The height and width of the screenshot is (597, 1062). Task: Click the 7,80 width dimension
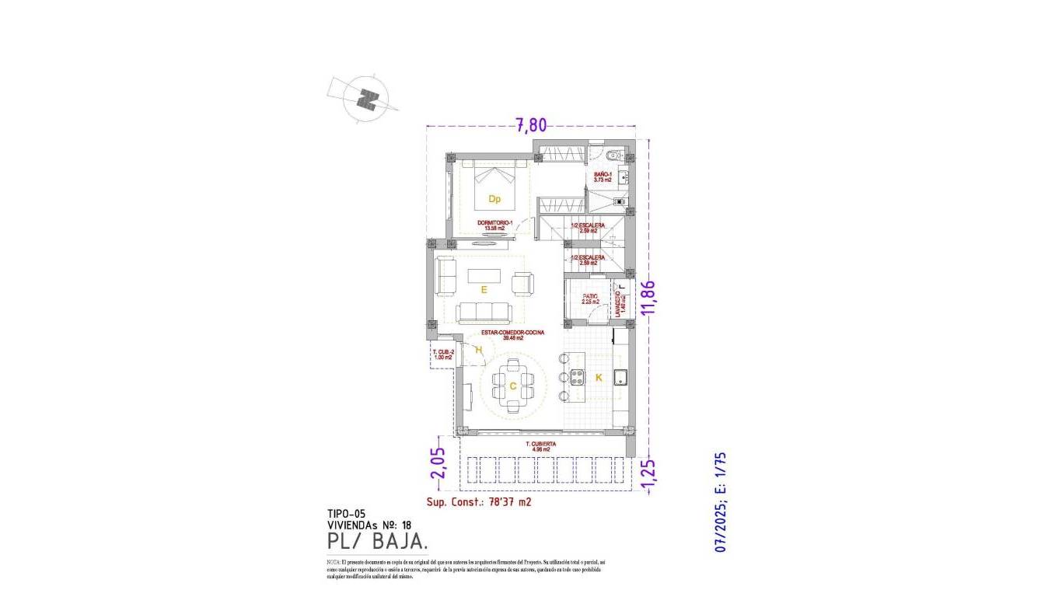coord(532,124)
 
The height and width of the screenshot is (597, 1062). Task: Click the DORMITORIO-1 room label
coord(494,225)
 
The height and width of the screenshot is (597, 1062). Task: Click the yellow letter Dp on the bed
coord(494,199)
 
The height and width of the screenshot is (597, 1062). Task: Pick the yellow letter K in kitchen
coord(599,378)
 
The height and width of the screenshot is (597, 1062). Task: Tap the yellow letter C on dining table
coord(513,386)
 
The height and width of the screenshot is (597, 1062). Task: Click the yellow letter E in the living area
coord(484,289)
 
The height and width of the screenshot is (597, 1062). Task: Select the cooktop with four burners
coord(578,378)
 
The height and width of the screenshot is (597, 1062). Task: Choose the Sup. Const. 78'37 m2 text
coord(479,502)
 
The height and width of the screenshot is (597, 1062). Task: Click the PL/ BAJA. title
coord(378,540)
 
